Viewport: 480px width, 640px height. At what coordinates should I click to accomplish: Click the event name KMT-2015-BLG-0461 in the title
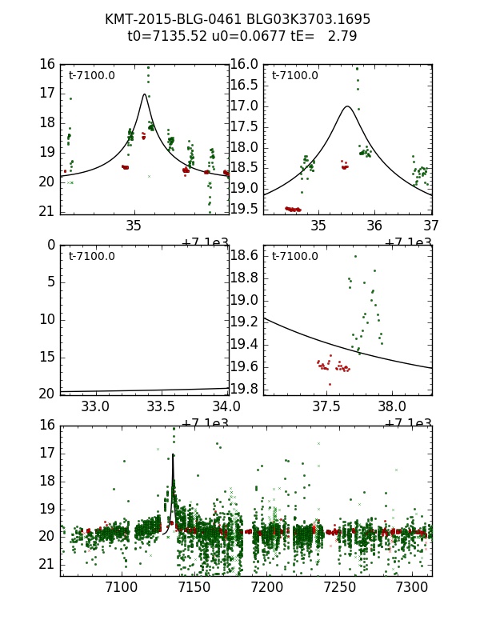point(169,19)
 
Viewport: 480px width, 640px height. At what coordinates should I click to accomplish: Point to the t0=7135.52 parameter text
point(165,36)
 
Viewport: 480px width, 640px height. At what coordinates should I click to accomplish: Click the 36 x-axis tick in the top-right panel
point(375,226)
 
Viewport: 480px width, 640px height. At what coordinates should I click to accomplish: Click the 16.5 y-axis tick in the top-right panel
point(244,85)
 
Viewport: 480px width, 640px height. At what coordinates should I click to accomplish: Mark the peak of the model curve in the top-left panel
point(145,94)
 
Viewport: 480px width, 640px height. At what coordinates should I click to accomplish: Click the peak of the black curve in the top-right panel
point(347,106)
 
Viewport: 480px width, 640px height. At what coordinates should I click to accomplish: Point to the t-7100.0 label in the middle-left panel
point(92,257)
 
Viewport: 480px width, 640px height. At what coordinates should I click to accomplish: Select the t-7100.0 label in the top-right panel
point(295,76)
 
